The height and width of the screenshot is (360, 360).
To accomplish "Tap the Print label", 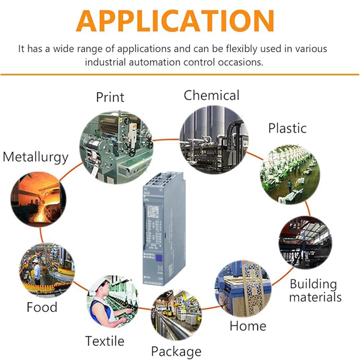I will [x=110, y=97].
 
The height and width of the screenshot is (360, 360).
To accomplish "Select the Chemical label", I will [x=211, y=95].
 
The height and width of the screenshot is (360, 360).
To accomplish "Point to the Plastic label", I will [x=287, y=128].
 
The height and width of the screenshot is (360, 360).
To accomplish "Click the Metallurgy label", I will [x=36, y=157].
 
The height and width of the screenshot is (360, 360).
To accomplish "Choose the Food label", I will [x=42, y=307].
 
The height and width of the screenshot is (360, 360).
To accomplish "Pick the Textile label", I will [x=105, y=341].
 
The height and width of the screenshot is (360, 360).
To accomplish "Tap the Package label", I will [x=176, y=351].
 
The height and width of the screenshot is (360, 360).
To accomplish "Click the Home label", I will [x=248, y=326].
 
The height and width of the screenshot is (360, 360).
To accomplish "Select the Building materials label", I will [x=315, y=291].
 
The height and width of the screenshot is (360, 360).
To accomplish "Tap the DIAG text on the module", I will [x=146, y=199].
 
